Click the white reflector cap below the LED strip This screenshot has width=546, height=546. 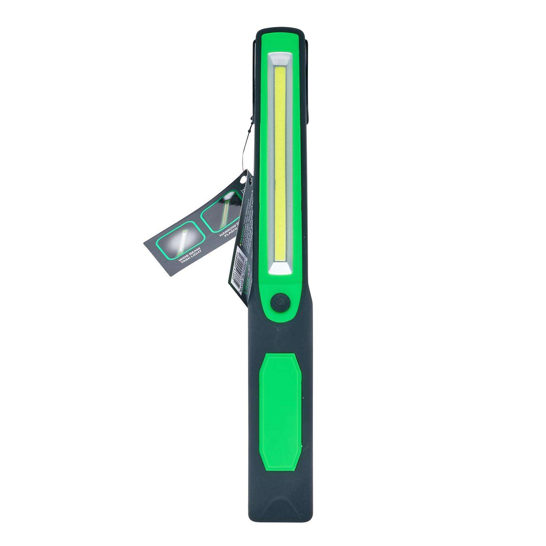(280, 269)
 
